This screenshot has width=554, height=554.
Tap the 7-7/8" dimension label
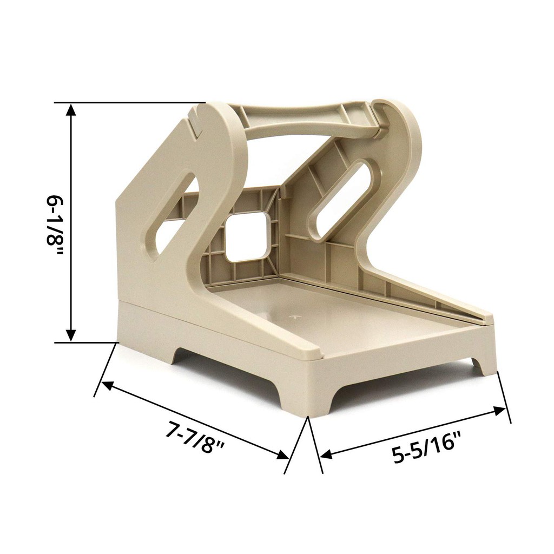[x=195, y=437]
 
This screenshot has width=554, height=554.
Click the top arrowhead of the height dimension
[x=71, y=110]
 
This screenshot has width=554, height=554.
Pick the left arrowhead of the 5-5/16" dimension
[x=325, y=454]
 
